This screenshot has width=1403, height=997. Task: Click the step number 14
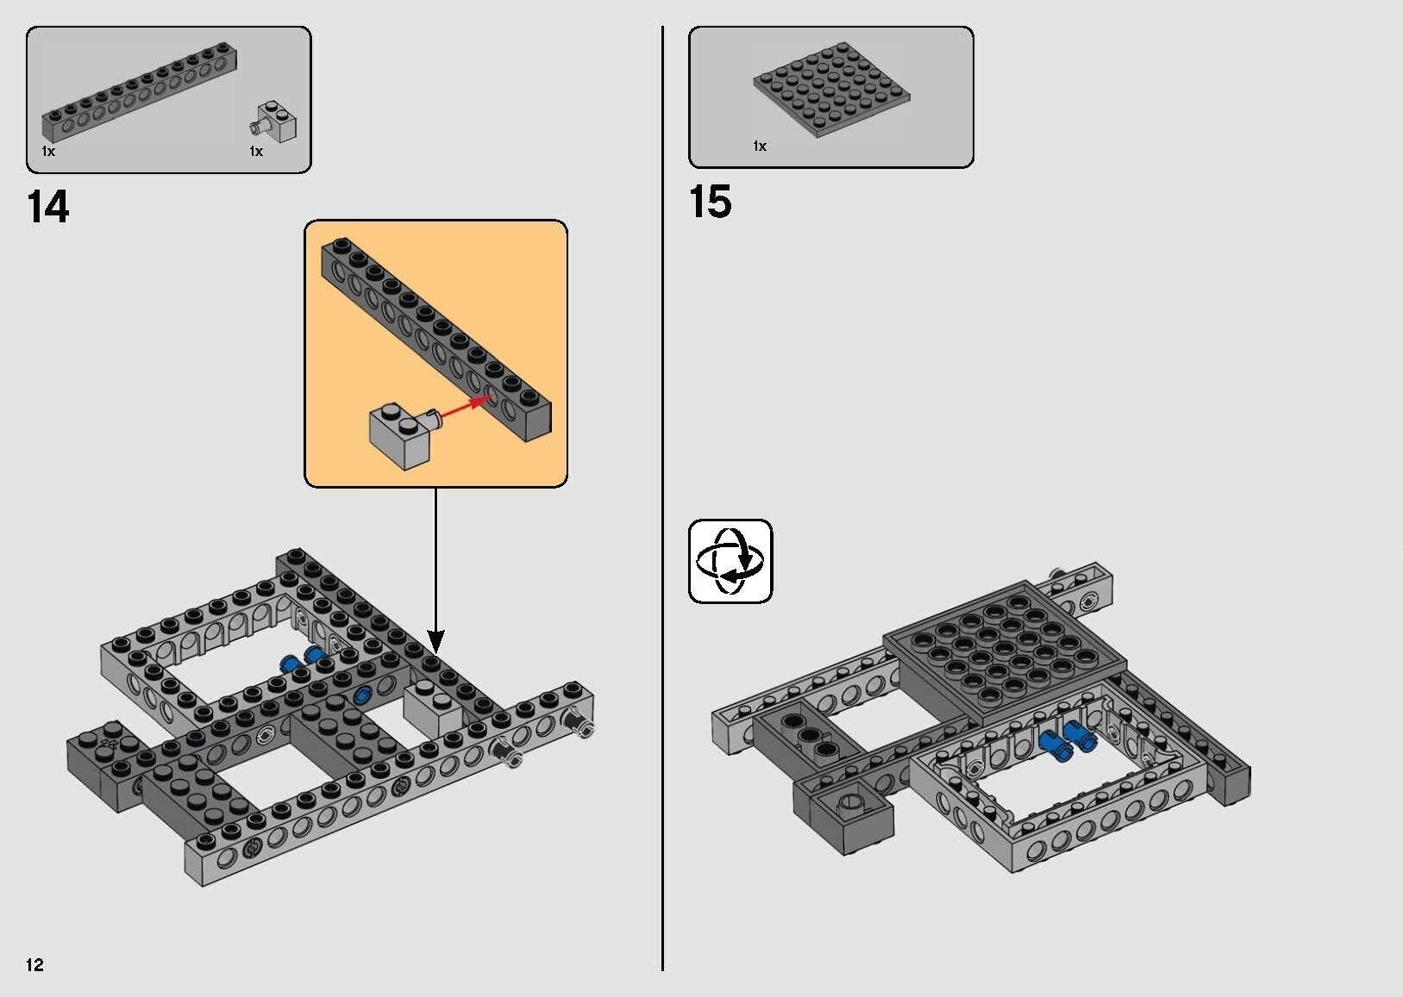[x=48, y=209]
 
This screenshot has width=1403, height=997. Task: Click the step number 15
[x=710, y=203]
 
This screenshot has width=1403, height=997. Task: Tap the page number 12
[x=34, y=964]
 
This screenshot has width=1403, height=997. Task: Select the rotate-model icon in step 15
[x=730, y=561]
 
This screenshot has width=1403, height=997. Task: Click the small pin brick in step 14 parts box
[x=276, y=122]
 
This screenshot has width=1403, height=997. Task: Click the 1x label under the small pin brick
[x=256, y=152]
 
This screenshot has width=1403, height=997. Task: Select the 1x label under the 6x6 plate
[x=760, y=146]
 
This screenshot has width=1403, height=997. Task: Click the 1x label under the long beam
[x=48, y=152]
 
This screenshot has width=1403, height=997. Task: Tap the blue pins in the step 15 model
[x=1066, y=739]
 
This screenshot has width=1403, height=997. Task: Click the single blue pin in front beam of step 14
[x=360, y=695]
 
